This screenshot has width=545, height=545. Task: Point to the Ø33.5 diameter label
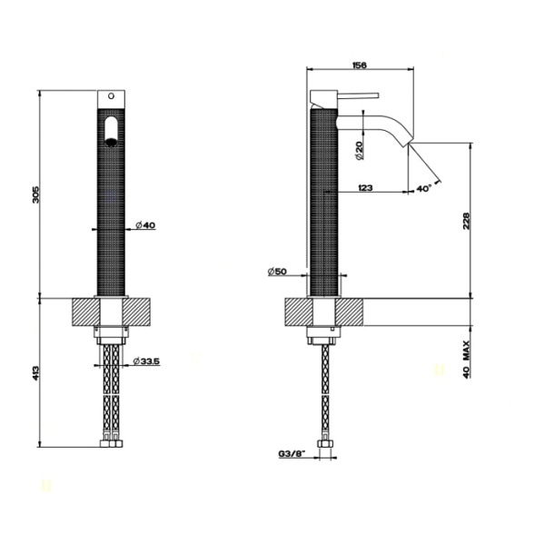(x=146, y=362)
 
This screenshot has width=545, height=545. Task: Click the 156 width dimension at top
(x=360, y=64)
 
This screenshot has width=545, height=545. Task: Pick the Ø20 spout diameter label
(x=360, y=149)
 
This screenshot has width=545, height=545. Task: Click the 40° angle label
(x=423, y=188)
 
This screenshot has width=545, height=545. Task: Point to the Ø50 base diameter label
(x=277, y=272)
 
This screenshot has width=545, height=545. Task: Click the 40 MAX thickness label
(x=465, y=359)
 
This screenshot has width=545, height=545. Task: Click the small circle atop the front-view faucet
(x=112, y=95)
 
